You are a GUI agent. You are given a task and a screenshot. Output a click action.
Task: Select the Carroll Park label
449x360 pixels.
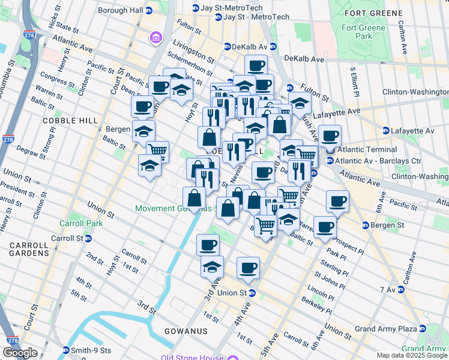(x=76, y=223)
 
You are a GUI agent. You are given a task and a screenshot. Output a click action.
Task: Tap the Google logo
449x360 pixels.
(x=20, y=353)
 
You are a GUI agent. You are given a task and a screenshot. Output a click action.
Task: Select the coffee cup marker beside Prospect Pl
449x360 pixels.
(x=325, y=227)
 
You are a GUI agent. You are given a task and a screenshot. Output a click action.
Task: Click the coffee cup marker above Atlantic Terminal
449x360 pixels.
(x=330, y=136)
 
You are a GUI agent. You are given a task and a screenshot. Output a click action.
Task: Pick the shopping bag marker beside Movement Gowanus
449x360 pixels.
(x=194, y=197)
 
